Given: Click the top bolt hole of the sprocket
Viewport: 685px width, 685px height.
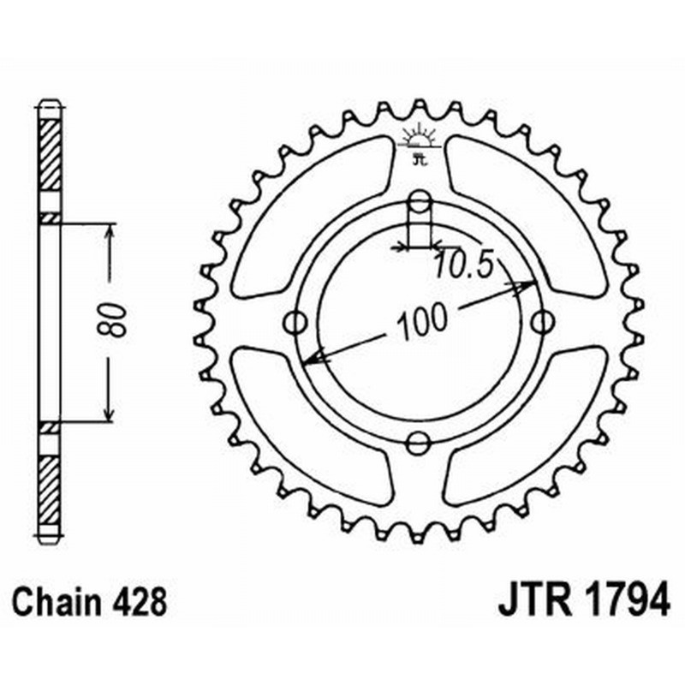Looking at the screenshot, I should (x=420, y=202).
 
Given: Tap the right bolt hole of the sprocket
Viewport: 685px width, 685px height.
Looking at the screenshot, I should (x=541, y=323).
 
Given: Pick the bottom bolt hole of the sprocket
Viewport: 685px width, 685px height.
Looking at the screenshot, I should (x=419, y=444).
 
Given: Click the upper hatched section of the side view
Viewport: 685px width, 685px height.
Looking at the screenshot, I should (x=50, y=154).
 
